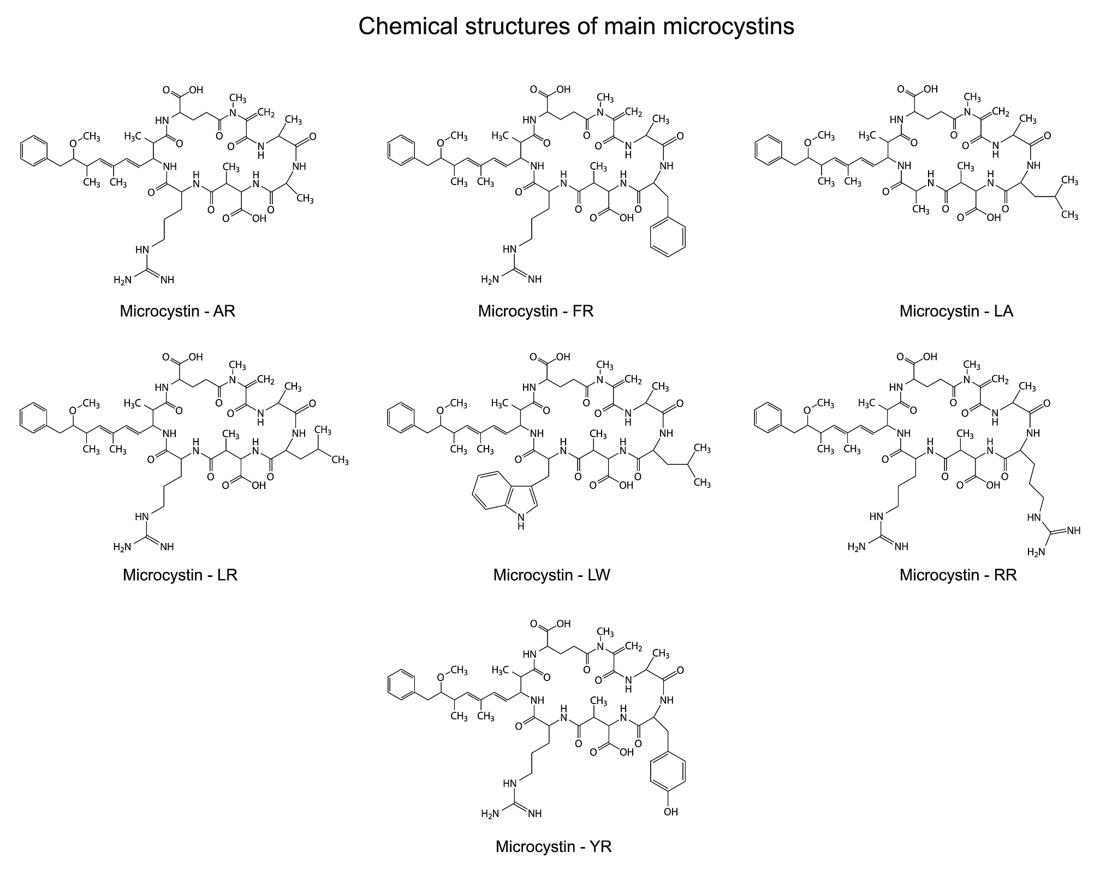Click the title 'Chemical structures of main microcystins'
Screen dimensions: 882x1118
576,26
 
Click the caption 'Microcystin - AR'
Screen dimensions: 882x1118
177,311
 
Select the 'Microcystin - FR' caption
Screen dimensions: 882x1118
536,311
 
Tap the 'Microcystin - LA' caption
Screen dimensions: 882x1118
956,311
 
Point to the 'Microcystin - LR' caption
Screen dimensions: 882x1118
180,575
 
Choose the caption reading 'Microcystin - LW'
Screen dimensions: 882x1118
551,575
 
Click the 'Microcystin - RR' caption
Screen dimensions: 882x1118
958,575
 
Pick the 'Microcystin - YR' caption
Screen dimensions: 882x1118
554,847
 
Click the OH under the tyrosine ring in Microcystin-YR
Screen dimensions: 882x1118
671,812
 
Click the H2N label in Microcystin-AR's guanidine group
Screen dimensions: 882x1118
122,280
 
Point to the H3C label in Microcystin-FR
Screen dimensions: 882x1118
500,135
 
